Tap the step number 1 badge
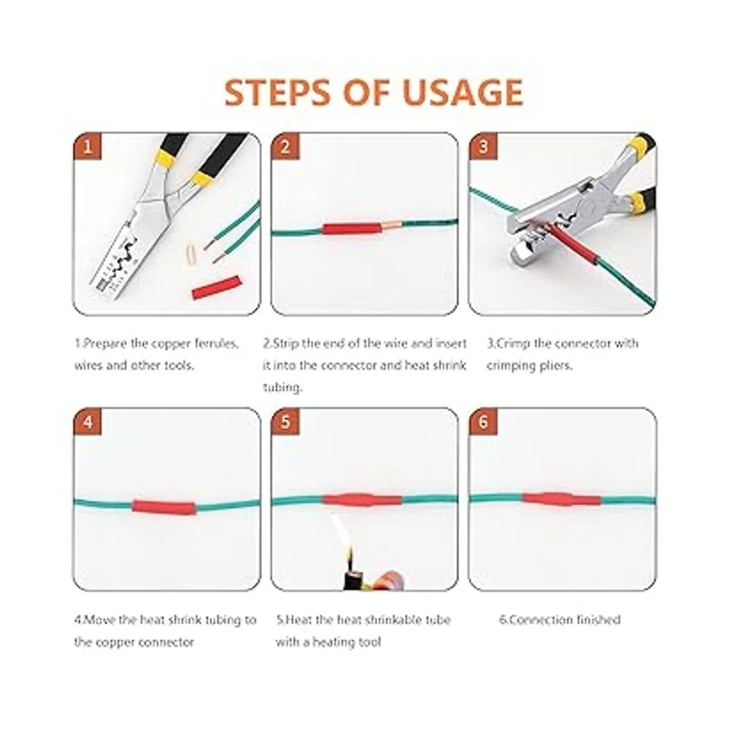click(x=87, y=146)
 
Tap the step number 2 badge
click(x=285, y=146)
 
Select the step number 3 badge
click(x=483, y=146)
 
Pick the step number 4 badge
click(x=87, y=422)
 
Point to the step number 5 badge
click(x=285, y=422)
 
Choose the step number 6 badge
click(x=483, y=422)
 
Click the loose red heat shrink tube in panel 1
click(x=217, y=288)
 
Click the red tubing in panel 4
click(x=163, y=507)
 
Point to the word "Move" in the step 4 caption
click(x=100, y=620)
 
